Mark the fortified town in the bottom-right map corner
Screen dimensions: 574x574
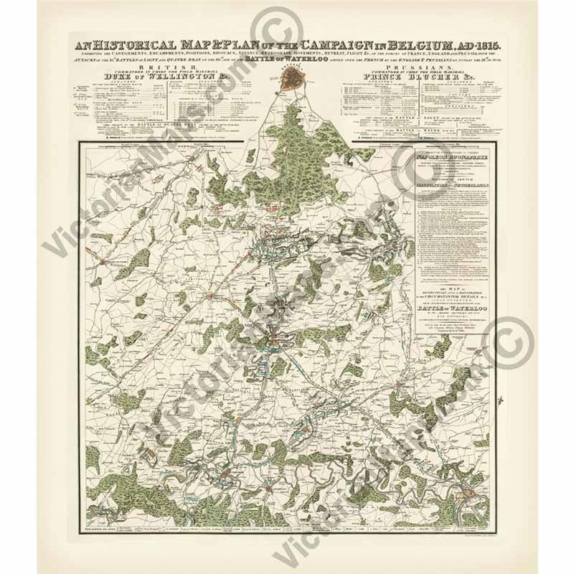click(474, 495)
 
